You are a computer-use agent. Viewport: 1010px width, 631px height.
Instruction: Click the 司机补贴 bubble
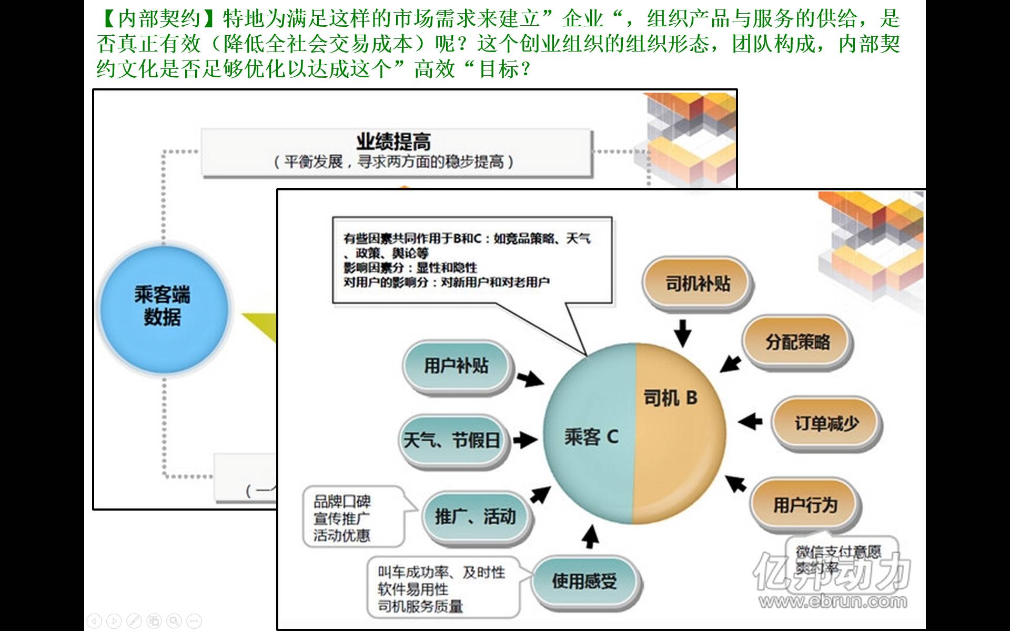point(698,284)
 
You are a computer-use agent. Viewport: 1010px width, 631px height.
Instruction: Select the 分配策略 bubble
point(797,342)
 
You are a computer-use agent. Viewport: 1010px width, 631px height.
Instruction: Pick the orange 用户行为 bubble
point(805,505)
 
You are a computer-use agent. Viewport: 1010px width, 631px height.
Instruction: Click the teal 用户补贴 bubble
point(456,366)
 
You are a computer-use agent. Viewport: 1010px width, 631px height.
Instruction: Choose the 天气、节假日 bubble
point(452,440)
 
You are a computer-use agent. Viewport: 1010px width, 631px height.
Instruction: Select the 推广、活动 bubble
point(475,517)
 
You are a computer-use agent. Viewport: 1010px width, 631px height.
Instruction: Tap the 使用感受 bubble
point(584,581)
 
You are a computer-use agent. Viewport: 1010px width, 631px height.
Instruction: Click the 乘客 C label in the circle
point(591,436)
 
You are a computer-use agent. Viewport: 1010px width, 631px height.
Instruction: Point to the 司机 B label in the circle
point(670,398)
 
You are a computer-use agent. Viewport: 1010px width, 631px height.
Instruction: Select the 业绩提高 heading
point(393,142)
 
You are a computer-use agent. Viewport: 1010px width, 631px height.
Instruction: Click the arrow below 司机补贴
point(683,332)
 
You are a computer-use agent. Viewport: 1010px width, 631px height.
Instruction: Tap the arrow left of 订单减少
point(750,421)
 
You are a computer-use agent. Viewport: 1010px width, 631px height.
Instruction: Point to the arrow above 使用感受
point(591,537)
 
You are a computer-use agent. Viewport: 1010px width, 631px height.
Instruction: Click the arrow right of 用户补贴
point(530,378)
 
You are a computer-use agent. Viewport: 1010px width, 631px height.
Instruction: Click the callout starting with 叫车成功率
point(441,589)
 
